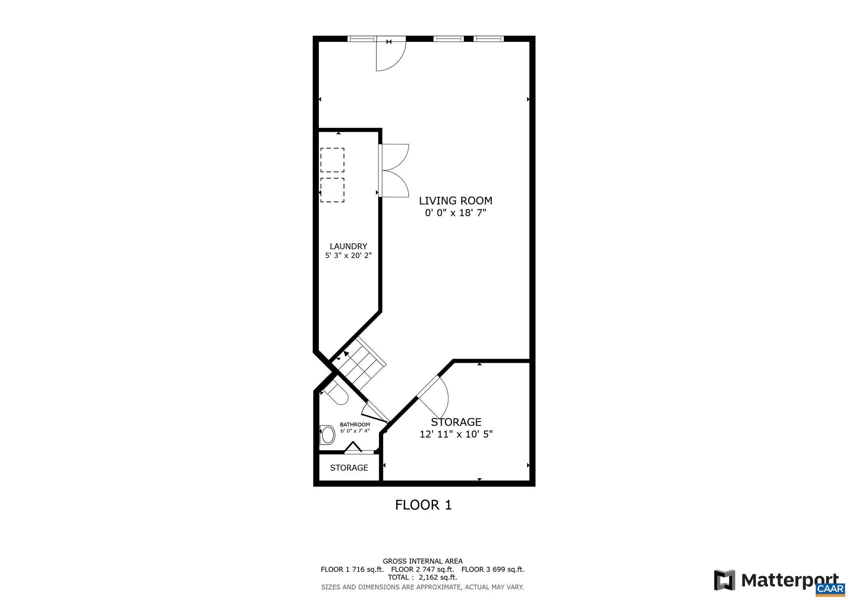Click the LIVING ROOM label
(x=455, y=201)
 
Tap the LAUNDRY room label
(x=348, y=247)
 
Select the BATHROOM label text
(x=355, y=424)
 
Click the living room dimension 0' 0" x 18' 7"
(x=455, y=213)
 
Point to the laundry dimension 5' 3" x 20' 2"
(x=348, y=256)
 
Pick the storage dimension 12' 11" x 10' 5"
(x=456, y=434)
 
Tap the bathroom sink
(x=328, y=435)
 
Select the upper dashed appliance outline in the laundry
(x=332, y=160)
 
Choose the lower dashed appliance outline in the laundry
(x=332, y=190)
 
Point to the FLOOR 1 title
(x=423, y=505)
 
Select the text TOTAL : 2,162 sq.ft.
(x=422, y=577)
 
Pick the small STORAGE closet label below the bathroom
(x=349, y=468)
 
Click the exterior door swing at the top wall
(x=390, y=56)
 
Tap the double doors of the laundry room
(x=394, y=170)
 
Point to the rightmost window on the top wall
(x=489, y=39)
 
